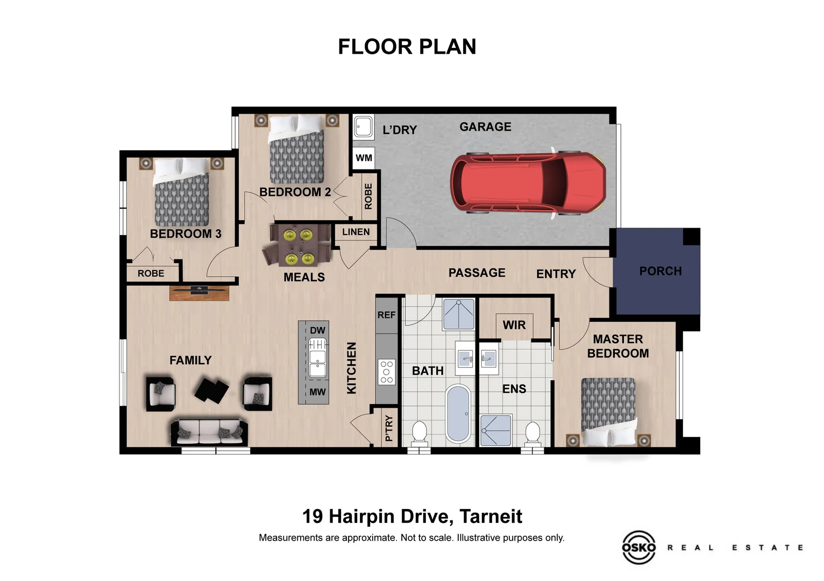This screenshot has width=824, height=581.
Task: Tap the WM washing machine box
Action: click(x=364, y=158)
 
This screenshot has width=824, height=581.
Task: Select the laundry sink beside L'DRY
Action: click(x=364, y=127)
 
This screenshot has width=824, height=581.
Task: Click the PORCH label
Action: click(x=660, y=271)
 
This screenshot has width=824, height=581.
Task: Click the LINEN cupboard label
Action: click(x=356, y=232)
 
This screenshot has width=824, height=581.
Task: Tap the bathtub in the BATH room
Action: click(x=458, y=414)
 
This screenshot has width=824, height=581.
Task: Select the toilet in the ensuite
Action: click(x=532, y=434)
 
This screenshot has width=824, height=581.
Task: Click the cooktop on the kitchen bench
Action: click(x=386, y=372)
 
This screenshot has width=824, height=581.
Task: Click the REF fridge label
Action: click(x=386, y=315)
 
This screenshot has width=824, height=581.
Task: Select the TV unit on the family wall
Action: click(x=199, y=292)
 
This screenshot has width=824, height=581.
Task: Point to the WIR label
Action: click(x=514, y=325)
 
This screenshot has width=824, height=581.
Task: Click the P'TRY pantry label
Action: click(x=389, y=428)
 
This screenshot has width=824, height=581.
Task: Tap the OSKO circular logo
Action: click(x=638, y=547)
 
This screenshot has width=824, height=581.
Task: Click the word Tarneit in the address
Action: click(x=491, y=516)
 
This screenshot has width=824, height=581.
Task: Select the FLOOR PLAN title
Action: click(x=407, y=47)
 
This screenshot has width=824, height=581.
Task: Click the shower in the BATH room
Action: click(x=458, y=314)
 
